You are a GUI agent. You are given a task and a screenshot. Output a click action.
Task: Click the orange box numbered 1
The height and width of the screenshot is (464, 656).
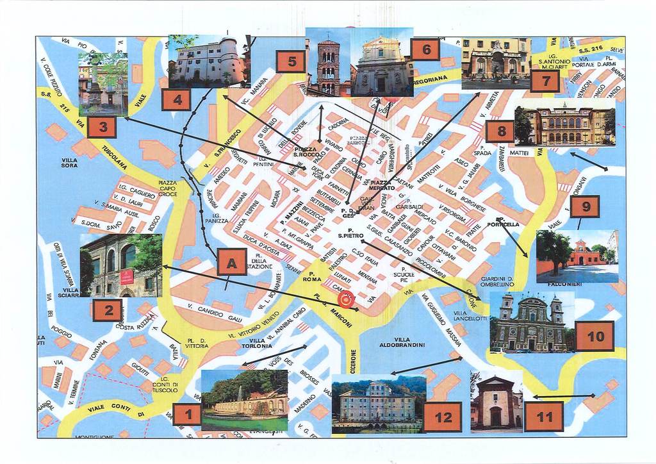[x=187, y=415]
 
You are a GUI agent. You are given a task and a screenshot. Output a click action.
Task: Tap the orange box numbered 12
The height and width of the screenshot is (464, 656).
[x=443, y=417]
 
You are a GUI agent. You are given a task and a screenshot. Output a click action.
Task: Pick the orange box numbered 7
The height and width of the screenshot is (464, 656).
[x=545, y=81]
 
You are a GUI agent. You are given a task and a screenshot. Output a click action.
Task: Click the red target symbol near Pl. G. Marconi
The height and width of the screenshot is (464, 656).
[x=345, y=299]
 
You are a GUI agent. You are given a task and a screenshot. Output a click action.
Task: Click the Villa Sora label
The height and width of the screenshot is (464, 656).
[x=69, y=163]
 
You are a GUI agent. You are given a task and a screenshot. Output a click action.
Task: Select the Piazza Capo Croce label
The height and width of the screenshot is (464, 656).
[x=167, y=188]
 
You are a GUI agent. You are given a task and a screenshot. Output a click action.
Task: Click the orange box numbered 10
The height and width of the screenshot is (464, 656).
[x=594, y=336]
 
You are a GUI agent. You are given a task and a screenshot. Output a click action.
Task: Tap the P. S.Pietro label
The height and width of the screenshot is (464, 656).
[x=350, y=233]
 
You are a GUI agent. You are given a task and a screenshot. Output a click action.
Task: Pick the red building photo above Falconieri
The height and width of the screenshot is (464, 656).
[x=577, y=256]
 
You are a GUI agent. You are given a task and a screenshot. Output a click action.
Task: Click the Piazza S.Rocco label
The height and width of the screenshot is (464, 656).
[x=306, y=151]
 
